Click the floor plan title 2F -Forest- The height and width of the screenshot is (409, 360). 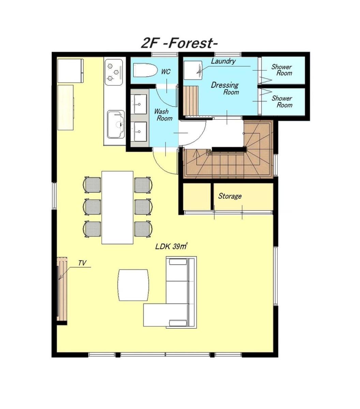click(179, 43)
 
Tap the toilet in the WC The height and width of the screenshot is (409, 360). click(145, 70)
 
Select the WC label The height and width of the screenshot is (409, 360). click(166, 72)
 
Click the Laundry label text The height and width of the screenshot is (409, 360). click(223, 61)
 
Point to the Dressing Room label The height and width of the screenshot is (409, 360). click(225, 88)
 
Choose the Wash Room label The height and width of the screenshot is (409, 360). click(163, 115)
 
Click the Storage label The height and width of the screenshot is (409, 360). click(230, 196)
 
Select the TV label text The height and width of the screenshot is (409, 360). click(82, 263)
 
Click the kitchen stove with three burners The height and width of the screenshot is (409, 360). click(114, 72)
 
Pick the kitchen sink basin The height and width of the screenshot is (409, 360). click(116, 124)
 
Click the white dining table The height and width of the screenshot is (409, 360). click(117, 208)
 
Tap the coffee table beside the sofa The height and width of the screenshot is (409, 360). click(133, 285)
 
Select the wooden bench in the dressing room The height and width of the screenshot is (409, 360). click(191, 100)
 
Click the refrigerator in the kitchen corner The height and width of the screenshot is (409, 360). click(70, 71)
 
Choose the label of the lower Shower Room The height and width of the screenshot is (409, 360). click(282, 102)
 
